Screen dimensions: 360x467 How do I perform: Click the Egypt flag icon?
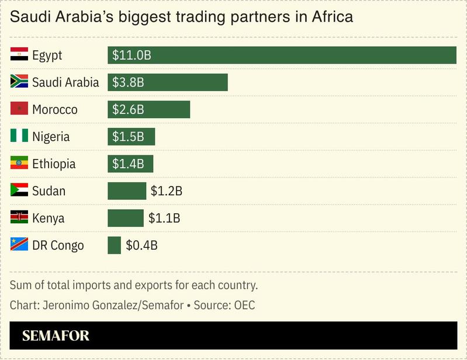point(19,55)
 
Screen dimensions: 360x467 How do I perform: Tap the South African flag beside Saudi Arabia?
point(19,82)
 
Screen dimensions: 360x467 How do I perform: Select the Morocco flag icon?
point(19,109)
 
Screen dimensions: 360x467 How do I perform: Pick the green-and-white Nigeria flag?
point(19,136)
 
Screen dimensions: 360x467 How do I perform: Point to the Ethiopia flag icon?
point(19,164)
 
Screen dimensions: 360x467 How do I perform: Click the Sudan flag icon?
point(19,191)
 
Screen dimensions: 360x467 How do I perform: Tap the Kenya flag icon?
point(19,218)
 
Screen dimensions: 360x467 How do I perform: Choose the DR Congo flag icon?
point(19,245)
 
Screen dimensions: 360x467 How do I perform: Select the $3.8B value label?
point(128,82)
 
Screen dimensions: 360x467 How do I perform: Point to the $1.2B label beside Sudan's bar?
point(167,191)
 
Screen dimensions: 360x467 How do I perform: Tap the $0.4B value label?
point(141,245)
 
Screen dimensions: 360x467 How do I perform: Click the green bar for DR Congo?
point(114,245)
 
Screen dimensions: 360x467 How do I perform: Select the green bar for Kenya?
point(125,218)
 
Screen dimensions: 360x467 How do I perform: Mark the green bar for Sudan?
point(126,191)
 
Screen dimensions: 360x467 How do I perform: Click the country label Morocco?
point(55,110)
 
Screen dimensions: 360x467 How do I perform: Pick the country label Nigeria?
point(51,137)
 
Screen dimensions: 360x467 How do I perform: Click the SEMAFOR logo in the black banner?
point(56,336)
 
